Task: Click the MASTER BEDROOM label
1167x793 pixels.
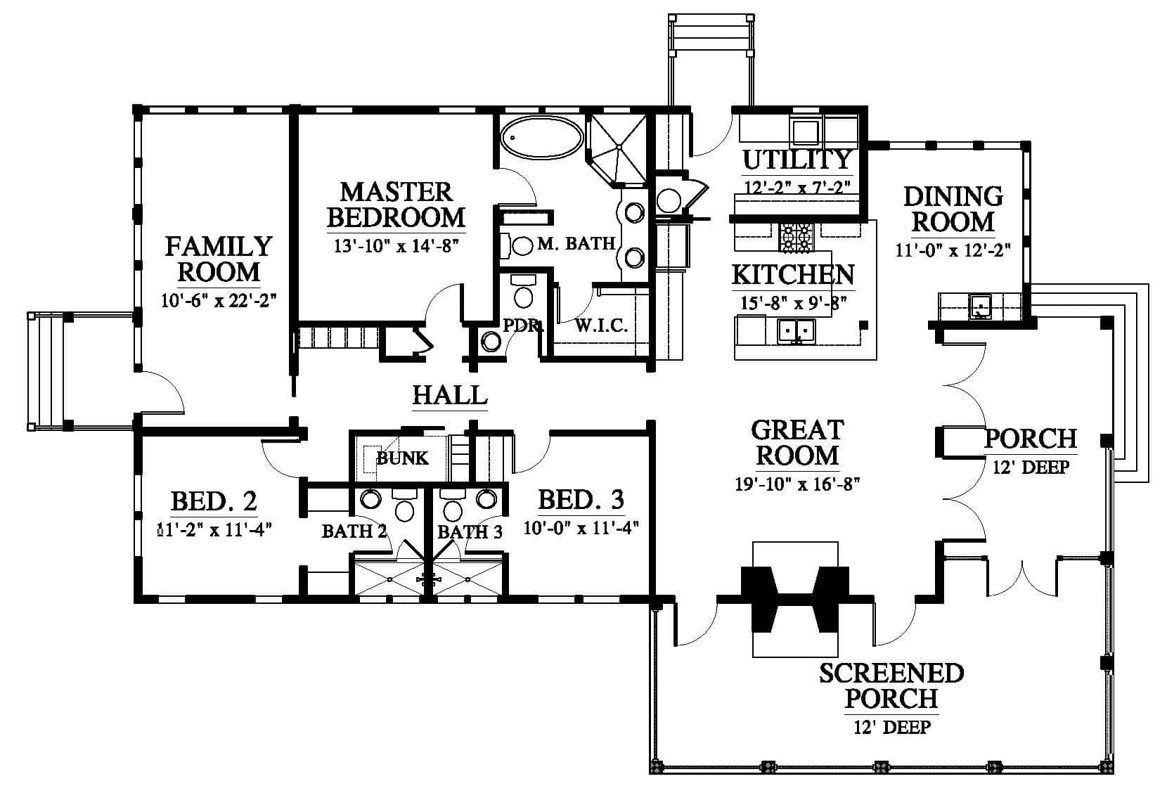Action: pyautogui.click(x=396, y=205)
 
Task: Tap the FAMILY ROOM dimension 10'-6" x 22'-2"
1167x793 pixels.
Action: pyautogui.click(x=219, y=300)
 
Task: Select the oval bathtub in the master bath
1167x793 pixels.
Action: pyautogui.click(x=541, y=136)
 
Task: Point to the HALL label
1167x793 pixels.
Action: pyautogui.click(x=450, y=394)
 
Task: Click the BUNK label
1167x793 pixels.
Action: pyautogui.click(x=402, y=458)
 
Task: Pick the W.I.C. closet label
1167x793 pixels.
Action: pyautogui.click(x=601, y=325)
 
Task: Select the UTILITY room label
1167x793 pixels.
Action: pyautogui.click(x=797, y=160)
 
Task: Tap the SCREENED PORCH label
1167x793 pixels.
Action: pyautogui.click(x=891, y=685)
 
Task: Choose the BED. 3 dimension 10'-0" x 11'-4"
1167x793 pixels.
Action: pyautogui.click(x=581, y=527)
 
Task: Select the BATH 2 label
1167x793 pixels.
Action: pyautogui.click(x=354, y=531)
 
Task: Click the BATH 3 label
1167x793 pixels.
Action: pyautogui.click(x=470, y=531)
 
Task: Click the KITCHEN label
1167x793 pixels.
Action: pyautogui.click(x=793, y=275)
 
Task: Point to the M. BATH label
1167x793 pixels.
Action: pyautogui.click(x=576, y=244)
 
